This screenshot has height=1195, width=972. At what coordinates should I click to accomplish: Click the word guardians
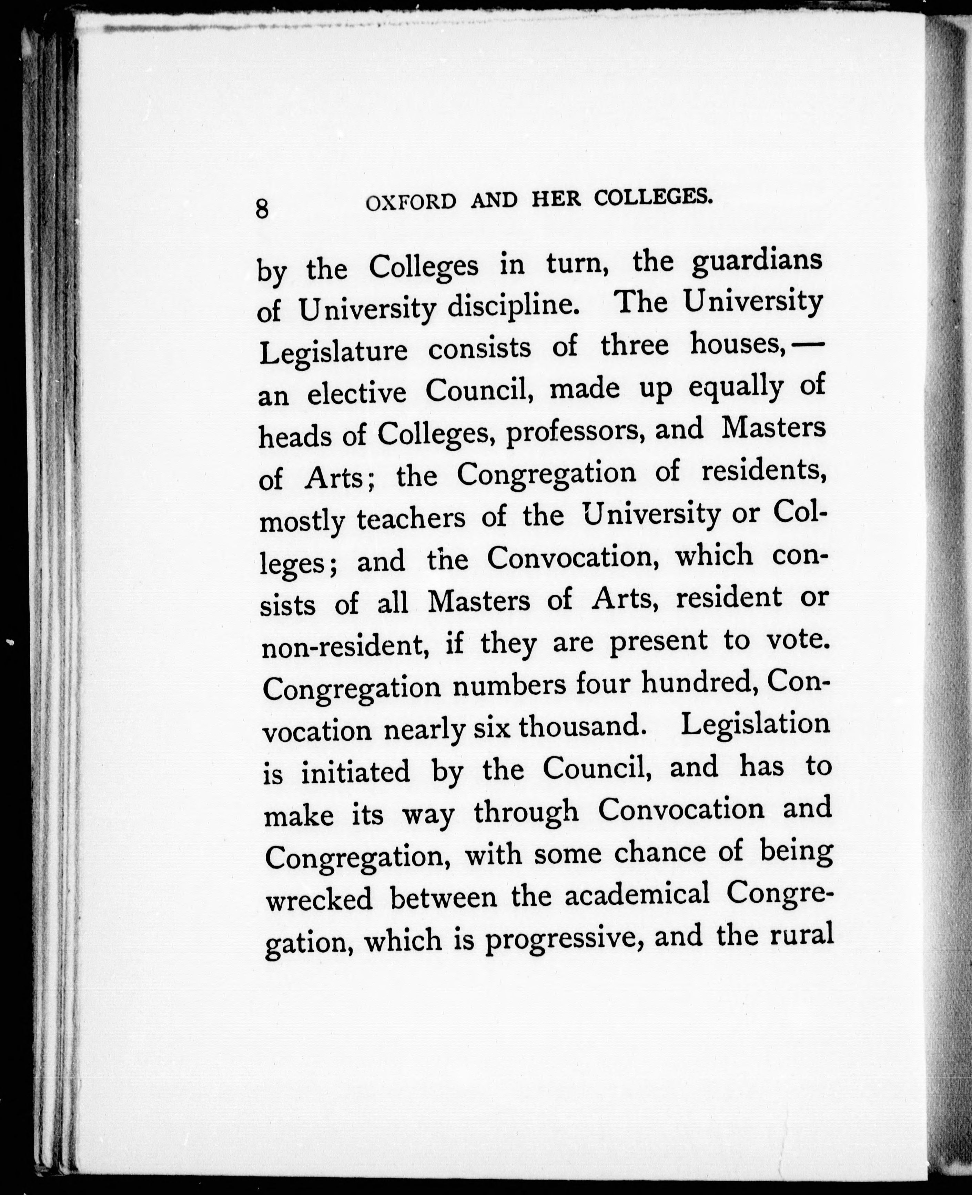757,263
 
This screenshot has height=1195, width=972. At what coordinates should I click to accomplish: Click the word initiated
356,772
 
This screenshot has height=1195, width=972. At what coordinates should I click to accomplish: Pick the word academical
637,894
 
